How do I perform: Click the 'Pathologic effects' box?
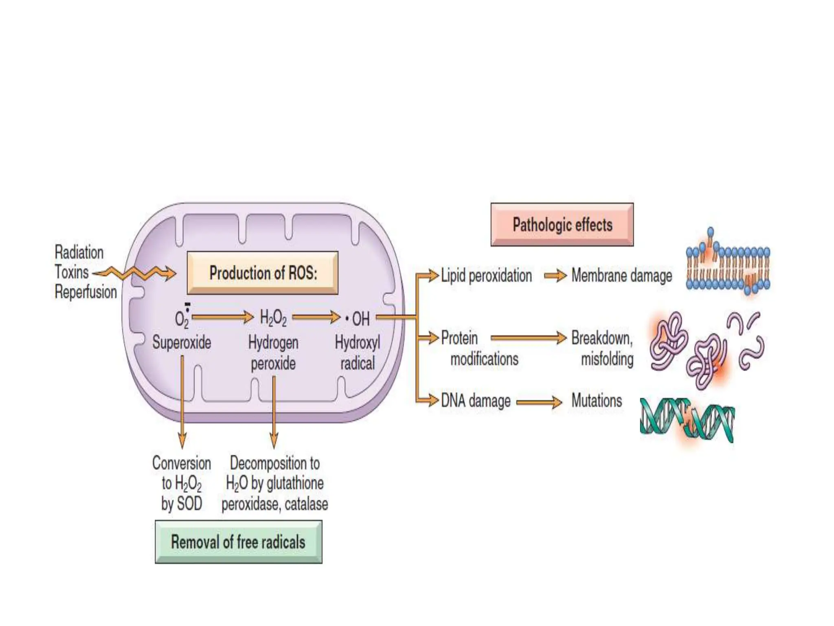click(562, 225)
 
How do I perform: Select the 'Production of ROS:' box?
click(263, 273)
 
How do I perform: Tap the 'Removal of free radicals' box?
click(238, 542)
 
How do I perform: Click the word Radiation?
click(79, 252)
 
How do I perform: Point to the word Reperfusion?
click(86, 292)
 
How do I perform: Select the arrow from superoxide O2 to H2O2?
click(222, 317)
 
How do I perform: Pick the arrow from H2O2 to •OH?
click(316, 317)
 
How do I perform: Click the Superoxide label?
click(182, 342)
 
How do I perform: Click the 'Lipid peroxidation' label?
click(486, 276)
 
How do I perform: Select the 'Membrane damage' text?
click(621, 276)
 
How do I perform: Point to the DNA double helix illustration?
click(687, 420)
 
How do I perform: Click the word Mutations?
click(597, 401)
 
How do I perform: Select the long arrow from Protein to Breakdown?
click(528, 338)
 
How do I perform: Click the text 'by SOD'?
click(182, 503)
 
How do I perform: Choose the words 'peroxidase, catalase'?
click(274, 504)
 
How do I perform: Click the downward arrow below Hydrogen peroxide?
click(274, 412)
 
